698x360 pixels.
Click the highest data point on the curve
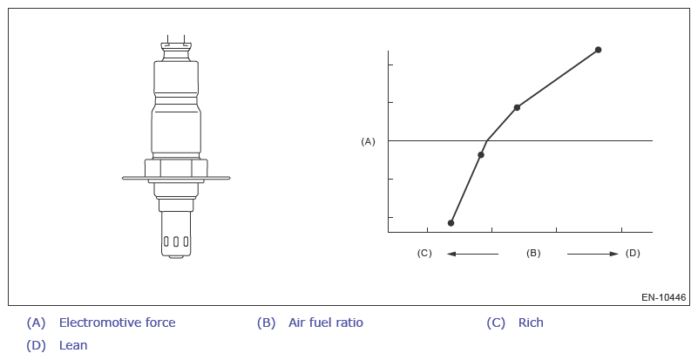(599, 50)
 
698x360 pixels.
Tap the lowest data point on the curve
(451, 223)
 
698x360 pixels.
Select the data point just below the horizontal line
(481, 154)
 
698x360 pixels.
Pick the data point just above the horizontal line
(517, 107)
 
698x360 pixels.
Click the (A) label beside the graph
(368, 142)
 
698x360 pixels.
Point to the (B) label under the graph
(533, 253)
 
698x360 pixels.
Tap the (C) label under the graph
(424, 253)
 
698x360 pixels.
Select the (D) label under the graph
(633, 253)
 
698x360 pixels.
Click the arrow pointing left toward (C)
(473, 254)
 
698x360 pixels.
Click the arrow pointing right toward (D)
(593, 254)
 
